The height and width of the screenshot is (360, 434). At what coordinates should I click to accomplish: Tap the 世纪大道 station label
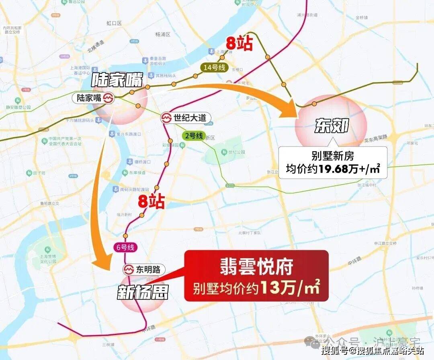(x=185, y=118)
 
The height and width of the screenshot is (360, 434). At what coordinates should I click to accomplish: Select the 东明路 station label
(x=143, y=270)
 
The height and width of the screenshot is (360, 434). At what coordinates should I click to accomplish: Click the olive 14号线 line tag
(x=215, y=68)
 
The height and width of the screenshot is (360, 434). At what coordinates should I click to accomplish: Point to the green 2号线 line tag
(x=194, y=136)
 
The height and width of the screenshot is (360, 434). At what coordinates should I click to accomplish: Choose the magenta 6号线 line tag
(x=125, y=247)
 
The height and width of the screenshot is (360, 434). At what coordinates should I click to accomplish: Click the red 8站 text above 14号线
(x=239, y=43)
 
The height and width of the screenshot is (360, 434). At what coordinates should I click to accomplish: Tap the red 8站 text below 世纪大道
(x=151, y=202)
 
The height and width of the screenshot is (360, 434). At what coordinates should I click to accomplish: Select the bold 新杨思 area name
(x=143, y=292)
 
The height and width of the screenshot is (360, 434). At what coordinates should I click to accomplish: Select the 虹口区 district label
(x=114, y=23)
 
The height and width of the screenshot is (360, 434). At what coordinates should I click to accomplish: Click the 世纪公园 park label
(x=236, y=152)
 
